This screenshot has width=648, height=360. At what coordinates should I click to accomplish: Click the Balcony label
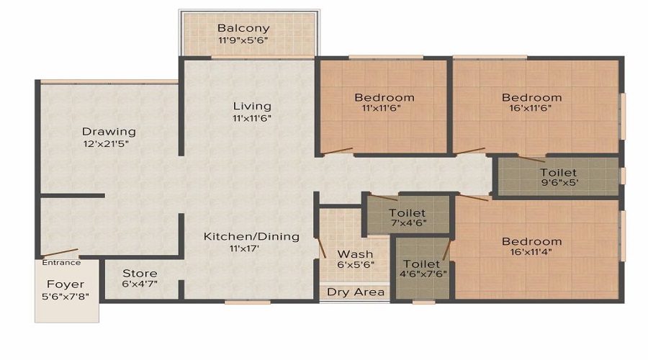[x=243, y=29]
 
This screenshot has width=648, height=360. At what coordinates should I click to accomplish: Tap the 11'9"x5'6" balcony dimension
[x=243, y=40]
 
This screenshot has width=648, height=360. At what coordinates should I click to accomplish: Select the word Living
[x=252, y=107]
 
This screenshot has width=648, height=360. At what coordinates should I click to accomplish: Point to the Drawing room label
[x=109, y=132]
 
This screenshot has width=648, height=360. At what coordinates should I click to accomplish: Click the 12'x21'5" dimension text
[x=107, y=144]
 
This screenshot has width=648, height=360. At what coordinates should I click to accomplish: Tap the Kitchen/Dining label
[x=251, y=236]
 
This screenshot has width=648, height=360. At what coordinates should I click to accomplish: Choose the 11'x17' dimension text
[x=244, y=249]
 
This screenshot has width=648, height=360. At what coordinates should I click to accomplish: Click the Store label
[x=140, y=274]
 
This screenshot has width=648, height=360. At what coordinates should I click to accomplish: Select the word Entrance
[x=61, y=263]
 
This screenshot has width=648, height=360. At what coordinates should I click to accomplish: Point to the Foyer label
[x=66, y=284]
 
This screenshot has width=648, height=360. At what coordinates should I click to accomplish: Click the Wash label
[x=355, y=254]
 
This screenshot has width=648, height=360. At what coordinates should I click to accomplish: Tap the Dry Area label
[x=356, y=292]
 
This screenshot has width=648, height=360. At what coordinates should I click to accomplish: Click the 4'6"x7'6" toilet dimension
[x=423, y=274]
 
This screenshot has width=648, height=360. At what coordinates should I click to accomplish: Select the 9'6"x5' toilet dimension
[x=559, y=182]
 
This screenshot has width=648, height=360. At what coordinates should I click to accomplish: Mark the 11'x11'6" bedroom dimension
[x=382, y=109]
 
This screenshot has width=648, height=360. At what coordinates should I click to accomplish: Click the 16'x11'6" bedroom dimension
[x=531, y=109]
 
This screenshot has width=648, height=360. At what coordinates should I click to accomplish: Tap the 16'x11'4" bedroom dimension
[x=531, y=252]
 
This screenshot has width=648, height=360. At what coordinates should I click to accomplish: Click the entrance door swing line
[x=60, y=253]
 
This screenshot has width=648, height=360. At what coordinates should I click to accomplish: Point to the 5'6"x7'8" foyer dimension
[x=66, y=297]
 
